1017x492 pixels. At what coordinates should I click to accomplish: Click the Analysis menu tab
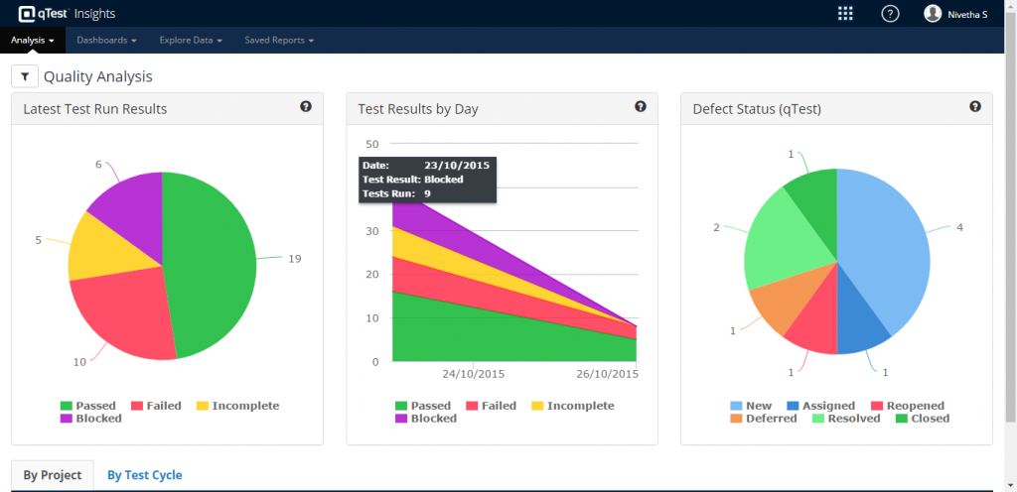(x=32, y=41)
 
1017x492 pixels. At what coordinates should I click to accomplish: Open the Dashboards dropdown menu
(x=105, y=41)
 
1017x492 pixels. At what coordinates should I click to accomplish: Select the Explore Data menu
(x=191, y=41)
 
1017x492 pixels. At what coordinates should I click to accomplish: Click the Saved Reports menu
(x=279, y=41)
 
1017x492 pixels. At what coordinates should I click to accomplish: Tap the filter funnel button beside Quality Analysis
(x=25, y=76)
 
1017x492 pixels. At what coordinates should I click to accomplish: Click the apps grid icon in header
(x=845, y=13)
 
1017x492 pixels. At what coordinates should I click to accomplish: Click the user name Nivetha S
(x=967, y=14)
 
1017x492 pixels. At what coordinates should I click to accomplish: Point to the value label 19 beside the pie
(x=295, y=258)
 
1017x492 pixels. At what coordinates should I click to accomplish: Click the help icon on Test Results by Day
(x=641, y=107)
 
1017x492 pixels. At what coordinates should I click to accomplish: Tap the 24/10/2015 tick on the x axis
(x=473, y=374)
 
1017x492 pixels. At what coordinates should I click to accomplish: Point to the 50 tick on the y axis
(x=373, y=144)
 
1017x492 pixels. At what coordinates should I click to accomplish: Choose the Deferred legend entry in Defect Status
(x=763, y=419)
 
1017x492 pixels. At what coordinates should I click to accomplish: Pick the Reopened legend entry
(x=907, y=406)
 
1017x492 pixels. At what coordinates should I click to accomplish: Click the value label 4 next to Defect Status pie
(x=959, y=227)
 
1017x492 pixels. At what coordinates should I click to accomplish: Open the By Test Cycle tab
(x=144, y=475)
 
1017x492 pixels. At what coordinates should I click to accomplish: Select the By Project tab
(x=53, y=475)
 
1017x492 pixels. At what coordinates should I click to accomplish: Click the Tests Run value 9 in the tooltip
(x=427, y=193)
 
